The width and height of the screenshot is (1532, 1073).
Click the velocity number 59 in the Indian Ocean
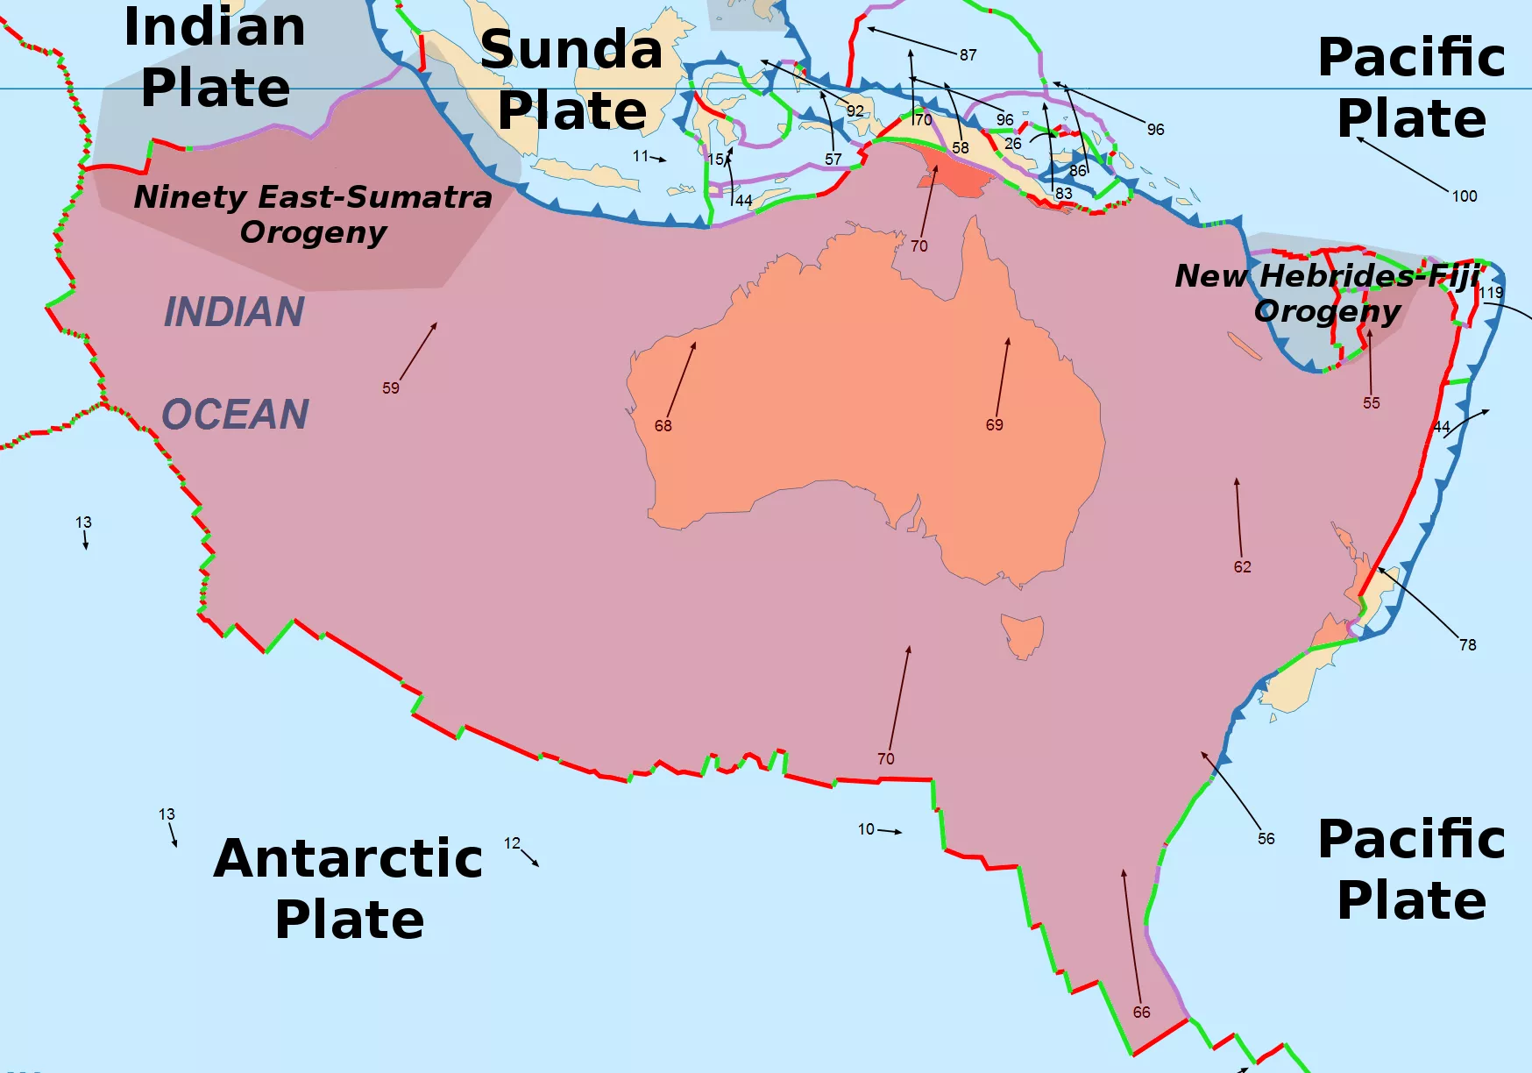391,387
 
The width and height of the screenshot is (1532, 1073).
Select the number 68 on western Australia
663,425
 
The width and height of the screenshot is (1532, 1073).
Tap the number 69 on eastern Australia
994,424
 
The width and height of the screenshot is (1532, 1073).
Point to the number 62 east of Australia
1242,566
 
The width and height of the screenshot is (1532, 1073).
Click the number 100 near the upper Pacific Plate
1465,195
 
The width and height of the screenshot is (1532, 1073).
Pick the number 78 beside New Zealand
1467,644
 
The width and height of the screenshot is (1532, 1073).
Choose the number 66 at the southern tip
1141,1012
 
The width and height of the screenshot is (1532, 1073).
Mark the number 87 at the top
968,54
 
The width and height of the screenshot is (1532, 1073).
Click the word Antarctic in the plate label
348,858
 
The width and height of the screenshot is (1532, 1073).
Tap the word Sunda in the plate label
571,49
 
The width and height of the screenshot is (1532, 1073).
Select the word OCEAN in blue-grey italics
236,414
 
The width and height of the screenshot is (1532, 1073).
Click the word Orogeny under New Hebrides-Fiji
1327,310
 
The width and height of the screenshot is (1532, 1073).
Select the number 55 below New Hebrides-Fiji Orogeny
1371,402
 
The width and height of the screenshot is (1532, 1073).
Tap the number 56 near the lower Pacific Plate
1266,838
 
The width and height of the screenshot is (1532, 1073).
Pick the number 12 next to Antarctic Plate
512,842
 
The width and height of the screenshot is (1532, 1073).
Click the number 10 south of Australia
866,828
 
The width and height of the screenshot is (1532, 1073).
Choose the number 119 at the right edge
1491,292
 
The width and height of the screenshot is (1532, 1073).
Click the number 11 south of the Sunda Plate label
641,155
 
